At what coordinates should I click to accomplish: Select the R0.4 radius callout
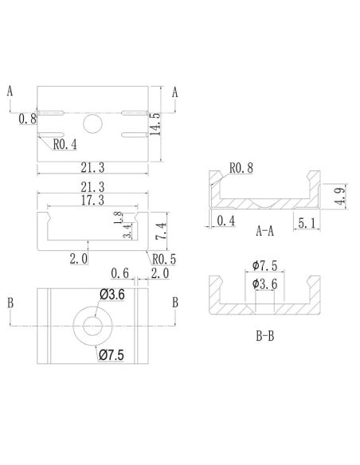pos(65,144)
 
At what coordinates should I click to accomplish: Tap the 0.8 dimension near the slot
pos(27,119)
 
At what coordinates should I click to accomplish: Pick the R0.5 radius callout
pos(164,259)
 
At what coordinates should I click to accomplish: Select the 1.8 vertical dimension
pos(118,218)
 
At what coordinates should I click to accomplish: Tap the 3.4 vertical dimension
pos(118,234)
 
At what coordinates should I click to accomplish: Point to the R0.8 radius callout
pos(241,168)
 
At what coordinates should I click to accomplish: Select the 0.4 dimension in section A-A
pos(225,221)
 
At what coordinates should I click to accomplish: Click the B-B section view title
pos(266,336)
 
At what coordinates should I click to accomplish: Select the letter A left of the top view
pos(10,91)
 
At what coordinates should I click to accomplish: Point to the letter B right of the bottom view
pos(174,303)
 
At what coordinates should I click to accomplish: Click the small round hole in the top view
pos(93,123)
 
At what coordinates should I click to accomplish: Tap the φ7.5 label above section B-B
pos(264,265)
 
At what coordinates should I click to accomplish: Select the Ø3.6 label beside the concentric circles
pos(112,295)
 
